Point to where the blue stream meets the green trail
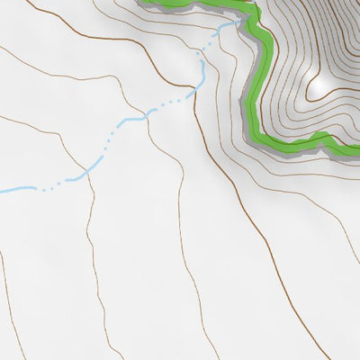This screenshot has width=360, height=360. point(239,22)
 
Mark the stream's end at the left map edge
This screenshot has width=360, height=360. point(2,191)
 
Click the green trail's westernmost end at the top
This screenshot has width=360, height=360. point(142,2)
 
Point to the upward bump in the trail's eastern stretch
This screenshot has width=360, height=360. point(323,137)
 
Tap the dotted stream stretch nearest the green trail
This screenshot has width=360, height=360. point(220,36)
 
